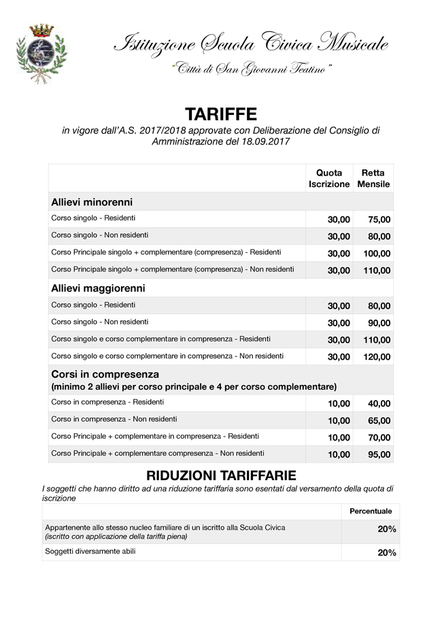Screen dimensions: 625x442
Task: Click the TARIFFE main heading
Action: click(221, 114)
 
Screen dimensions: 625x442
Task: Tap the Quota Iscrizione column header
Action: click(329, 178)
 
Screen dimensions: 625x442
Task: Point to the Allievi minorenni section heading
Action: click(92, 202)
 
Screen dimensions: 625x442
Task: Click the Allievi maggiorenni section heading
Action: click(98, 288)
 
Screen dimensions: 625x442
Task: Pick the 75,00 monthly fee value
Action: click(379, 220)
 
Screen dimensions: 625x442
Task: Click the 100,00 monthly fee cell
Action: click(377, 254)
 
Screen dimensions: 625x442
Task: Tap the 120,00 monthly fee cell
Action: click(377, 357)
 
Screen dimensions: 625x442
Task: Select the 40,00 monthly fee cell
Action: click(379, 404)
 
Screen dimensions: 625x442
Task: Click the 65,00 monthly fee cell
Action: click(379, 421)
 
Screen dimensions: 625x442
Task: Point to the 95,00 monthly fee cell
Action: click(379, 455)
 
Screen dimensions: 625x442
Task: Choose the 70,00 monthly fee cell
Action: click(379, 438)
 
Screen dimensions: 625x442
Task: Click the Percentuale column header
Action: click(371, 511)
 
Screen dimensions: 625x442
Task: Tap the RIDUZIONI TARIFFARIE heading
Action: click(221, 475)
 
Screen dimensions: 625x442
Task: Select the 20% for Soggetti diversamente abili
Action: click(387, 553)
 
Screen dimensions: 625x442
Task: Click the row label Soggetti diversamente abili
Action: click(90, 552)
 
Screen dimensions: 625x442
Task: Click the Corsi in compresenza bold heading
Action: click(105, 374)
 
